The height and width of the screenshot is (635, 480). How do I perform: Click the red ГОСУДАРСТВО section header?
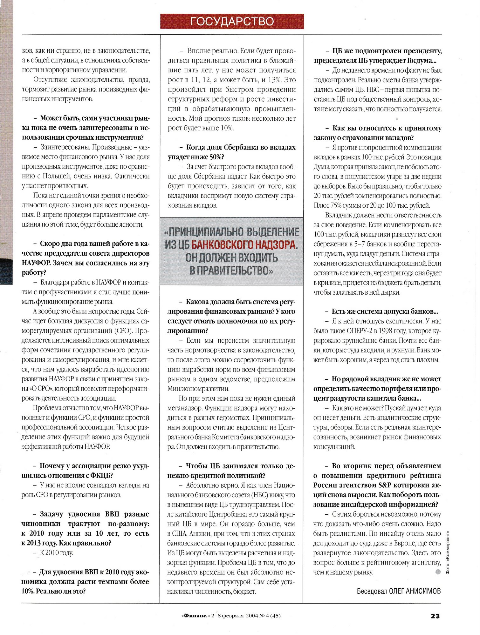click(x=232, y=21)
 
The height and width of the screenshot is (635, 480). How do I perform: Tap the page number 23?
click(x=435, y=616)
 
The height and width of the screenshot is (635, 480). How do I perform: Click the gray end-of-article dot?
click(x=438, y=572)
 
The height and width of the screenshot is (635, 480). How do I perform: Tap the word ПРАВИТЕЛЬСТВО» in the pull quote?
click(x=231, y=271)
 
